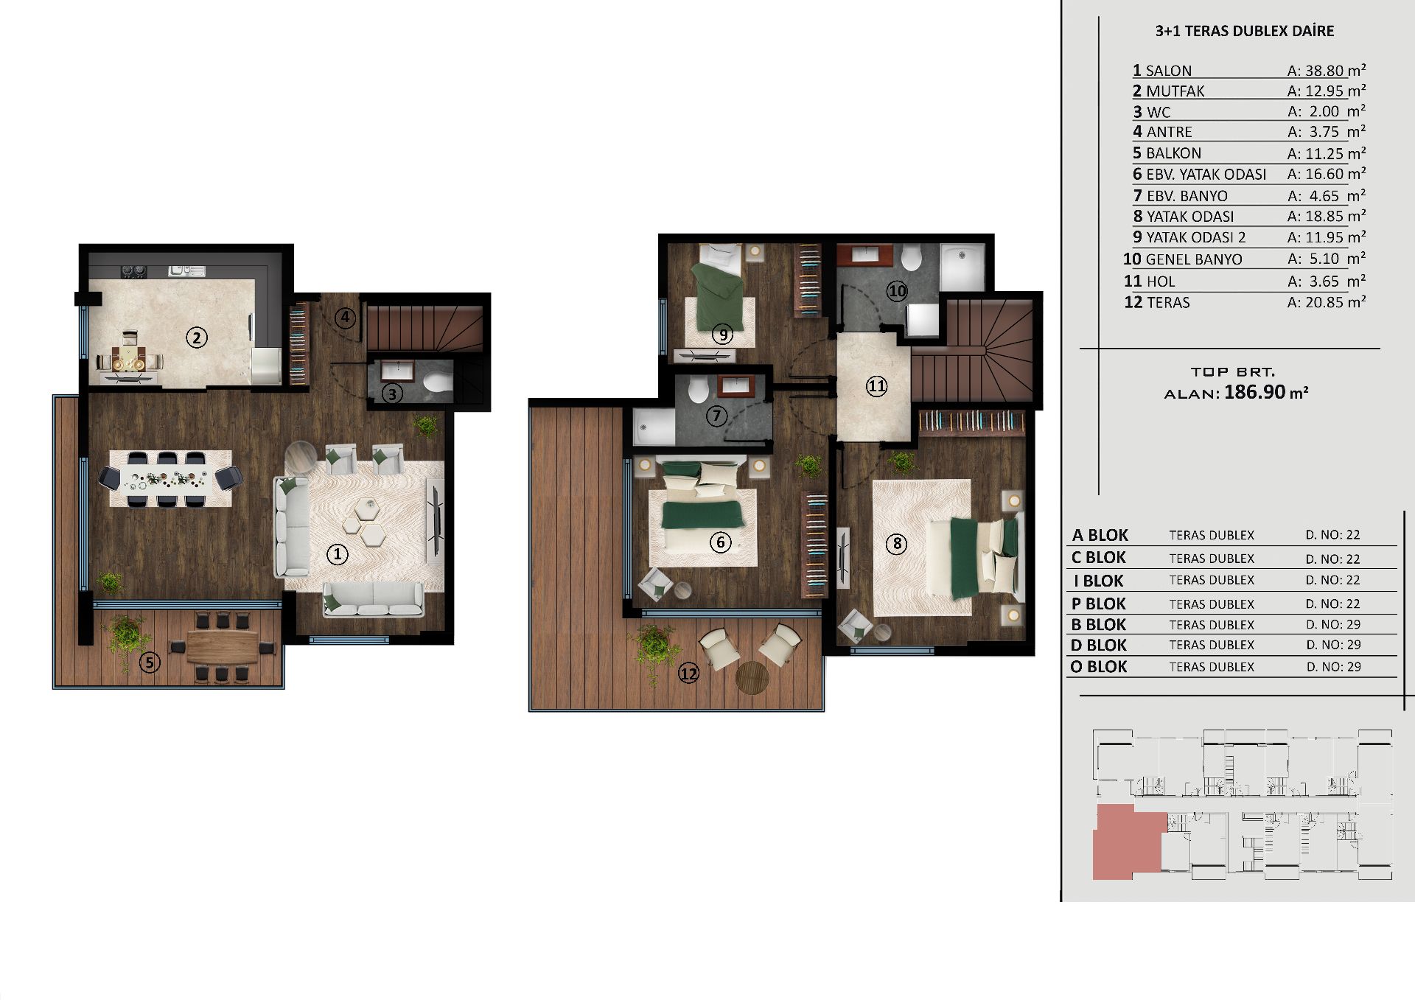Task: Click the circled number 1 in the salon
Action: tap(337, 554)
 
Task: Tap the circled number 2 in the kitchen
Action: tap(196, 338)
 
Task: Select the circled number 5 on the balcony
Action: tap(150, 662)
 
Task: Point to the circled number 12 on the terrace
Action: tap(688, 673)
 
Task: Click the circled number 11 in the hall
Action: tap(876, 386)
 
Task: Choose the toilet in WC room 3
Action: tap(439, 382)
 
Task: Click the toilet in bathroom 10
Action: tap(912, 258)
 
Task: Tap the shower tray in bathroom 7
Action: tap(654, 428)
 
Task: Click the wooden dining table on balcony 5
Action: tap(222, 648)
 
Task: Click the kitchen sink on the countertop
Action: tap(186, 270)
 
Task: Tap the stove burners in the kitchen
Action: tap(133, 270)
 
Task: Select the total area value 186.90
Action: tap(1254, 392)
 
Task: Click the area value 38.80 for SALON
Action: tap(1324, 71)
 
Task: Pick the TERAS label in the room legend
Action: tap(1168, 302)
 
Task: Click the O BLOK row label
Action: tap(1099, 666)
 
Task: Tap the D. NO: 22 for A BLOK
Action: tap(1332, 535)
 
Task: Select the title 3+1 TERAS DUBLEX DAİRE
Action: tap(1245, 31)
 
